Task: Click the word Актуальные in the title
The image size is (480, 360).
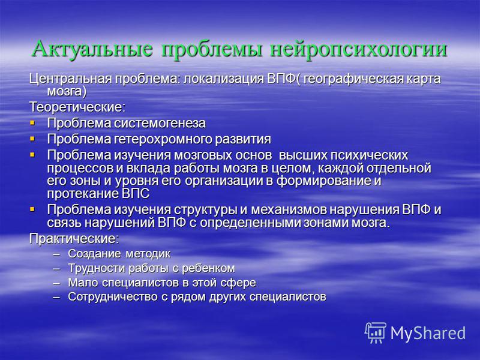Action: [92, 49]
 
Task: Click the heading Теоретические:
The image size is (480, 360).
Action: [77, 107]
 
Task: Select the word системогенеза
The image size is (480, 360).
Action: [160, 123]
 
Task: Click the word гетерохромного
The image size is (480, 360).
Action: [163, 140]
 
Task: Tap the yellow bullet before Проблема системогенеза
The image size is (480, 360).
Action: [32, 123]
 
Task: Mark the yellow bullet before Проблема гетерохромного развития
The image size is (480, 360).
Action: [32, 139]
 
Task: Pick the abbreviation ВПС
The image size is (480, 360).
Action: [136, 194]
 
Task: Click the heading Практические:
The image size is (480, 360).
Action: [74, 239]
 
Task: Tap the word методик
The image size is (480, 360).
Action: [148, 254]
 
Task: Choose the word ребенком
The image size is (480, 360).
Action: [208, 268]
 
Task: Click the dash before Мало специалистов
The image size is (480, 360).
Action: [56, 283]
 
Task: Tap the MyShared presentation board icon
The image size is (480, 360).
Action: [376, 332]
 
